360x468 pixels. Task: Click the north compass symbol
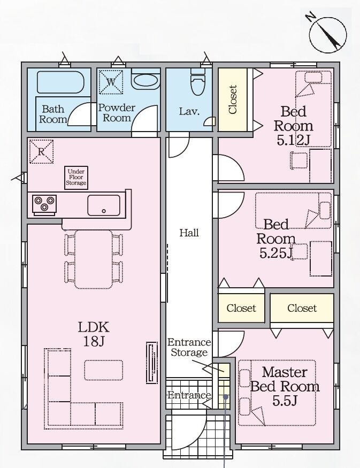coord(327,34)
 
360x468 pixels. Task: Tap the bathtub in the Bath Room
coord(60,82)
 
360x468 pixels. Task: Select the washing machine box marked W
coord(111,82)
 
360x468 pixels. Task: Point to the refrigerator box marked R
coord(41,151)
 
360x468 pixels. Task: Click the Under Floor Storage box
coord(76,178)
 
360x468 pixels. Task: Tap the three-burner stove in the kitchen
coord(44,204)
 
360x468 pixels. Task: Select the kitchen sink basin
coord(104,205)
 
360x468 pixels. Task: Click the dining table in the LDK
coord(94,259)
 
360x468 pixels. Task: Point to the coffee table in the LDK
coord(104,370)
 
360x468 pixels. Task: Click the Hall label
coord(189,233)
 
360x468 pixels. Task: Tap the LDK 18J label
coord(94,334)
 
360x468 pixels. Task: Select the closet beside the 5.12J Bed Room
coord(233,99)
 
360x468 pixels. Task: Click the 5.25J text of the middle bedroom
coord(276,254)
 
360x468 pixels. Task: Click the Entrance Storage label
coord(189,347)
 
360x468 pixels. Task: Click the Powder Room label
coord(117,112)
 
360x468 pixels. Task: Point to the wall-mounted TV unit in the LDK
coord(152,362)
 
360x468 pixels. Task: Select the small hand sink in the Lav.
coord(210,121)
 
